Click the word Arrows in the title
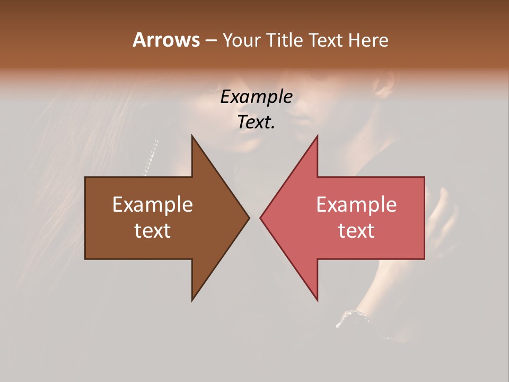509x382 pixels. coord(166,40)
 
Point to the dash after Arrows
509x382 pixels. coord(210,41)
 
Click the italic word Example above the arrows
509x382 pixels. coord(256,97)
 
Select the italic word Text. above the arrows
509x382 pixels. coord(256,123)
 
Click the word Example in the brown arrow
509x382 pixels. coord(153,205)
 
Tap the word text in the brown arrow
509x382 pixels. coord(153,230)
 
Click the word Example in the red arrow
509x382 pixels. coord(356,205)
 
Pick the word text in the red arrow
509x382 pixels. coord(356,230)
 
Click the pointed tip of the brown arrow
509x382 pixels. coord(248,218)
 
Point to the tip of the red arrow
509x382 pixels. coord(261,218)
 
